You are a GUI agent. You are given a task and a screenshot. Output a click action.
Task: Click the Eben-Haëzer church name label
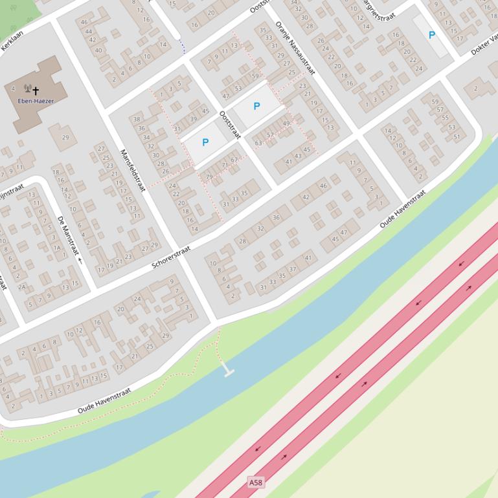coord(36,101)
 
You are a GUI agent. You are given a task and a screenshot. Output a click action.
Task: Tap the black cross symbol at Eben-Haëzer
coord(36,91)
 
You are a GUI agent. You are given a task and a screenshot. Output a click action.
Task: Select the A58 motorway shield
coord(256,483)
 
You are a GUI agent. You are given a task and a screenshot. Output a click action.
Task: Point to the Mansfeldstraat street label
coord(132,170)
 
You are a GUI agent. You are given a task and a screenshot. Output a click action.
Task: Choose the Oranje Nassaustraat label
coord(295,47)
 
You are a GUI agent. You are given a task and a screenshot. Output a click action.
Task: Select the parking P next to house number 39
coord(205,142)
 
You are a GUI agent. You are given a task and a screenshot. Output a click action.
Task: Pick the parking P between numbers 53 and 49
coord(256,106)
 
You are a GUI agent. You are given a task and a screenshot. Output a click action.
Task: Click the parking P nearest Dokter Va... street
coord(432,36)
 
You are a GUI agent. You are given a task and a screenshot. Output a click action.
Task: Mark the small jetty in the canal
coord(228,372)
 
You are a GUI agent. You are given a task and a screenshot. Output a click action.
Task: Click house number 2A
coord(21,287)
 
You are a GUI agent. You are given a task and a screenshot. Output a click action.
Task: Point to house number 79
coord(209,177)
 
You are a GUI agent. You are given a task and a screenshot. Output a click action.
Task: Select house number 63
coord(258,143)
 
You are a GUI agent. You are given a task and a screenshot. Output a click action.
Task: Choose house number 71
coord(225,166)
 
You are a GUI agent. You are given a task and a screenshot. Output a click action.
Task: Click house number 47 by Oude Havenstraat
coord(344,232)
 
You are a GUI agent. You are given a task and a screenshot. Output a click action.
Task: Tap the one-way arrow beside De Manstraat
coord(80,261)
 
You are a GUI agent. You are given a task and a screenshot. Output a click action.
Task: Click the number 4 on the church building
coord(14,89)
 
